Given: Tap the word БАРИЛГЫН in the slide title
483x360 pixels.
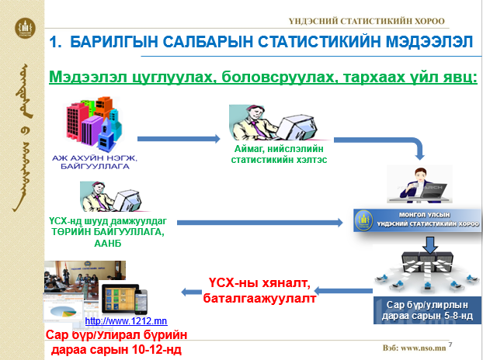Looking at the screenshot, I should (116, 43).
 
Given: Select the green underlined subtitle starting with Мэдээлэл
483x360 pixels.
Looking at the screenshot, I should (262, 78).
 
